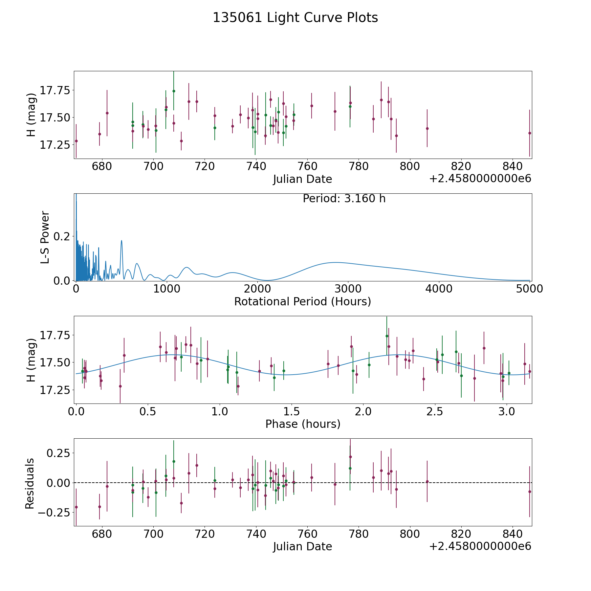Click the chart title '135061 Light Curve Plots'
(295, 18)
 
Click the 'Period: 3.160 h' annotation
(344, 199)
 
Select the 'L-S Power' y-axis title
(45, 237)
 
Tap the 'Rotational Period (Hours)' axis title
(302, 301)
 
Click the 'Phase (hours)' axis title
(303, 424)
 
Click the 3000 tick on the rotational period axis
(348, 289)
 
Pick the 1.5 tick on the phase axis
(292, 411)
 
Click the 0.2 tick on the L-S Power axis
(62, 236)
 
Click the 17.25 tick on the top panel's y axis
(55, 144)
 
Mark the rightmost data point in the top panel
(529, 133)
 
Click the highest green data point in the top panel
(174, 91)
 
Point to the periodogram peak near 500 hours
(121, 241)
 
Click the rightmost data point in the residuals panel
(529, 492)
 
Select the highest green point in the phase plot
(387, 336)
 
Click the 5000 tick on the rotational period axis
(529, 289)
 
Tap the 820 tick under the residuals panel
(461, 534)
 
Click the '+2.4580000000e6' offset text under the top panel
(480, 179)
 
